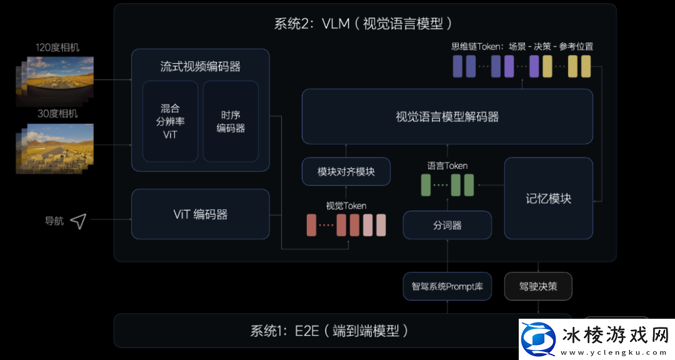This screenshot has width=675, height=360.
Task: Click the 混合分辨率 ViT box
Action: tap(170, 121)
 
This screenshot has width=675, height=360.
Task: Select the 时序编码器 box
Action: tap(231, 121)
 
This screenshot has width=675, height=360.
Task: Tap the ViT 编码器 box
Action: tap(200, 214)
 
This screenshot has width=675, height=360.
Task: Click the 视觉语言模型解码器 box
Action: tap(447, 117)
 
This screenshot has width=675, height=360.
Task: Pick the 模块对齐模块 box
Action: tap(346, 171)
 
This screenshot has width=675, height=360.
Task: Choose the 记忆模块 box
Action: tap(548, 198)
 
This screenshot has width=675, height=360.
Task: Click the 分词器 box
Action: tap(447, 225)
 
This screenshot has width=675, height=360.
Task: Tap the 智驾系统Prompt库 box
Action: tap(447, 287)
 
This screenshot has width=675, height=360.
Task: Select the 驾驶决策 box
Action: tap(537, 287)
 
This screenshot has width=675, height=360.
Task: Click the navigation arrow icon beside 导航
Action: tap(78, 221)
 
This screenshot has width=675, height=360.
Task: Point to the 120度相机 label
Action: tap(57, 47)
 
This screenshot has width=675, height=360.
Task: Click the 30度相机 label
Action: tap(57, 114)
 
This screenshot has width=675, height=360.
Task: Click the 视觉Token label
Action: tap(346, 206)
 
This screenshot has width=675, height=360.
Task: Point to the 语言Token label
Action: tap(447, 166)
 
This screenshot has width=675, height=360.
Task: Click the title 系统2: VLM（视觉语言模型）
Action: tap(363, 24)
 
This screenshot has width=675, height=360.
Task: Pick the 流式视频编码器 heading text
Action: tap(200, 66)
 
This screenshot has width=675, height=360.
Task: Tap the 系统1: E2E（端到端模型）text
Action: tap(329, 331)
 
